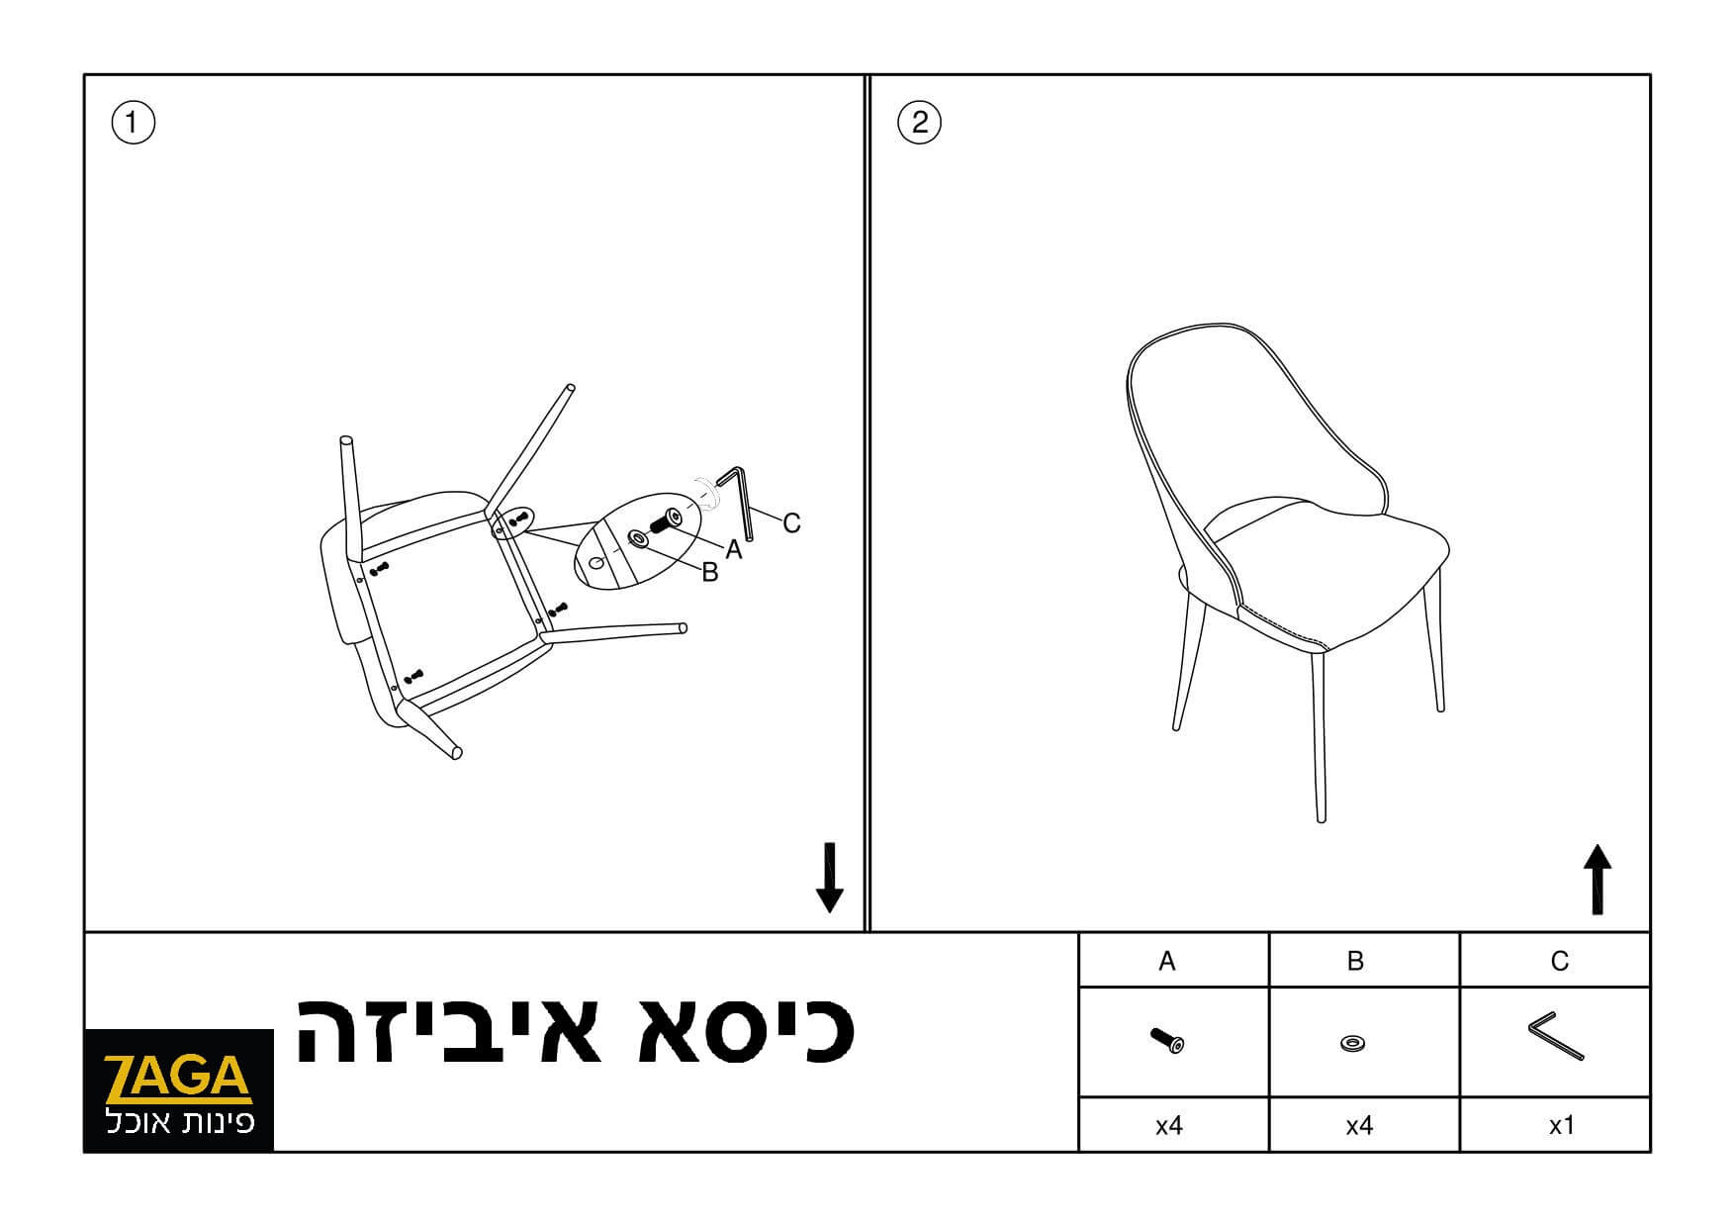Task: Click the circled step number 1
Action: pos(134,124)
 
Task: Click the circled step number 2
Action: pos(919,123)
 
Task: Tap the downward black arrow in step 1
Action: pos(830,878)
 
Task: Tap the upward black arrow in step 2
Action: pos(1598,879)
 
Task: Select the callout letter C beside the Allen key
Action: pos(791,522)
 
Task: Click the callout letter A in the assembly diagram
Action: pos(733,549)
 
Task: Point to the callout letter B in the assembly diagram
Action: pos(709,572)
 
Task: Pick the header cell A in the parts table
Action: pos(1167,961)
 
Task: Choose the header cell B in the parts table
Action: pos(1356,961)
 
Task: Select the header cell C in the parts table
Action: pos(1560,961)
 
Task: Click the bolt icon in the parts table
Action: pos(1167,1041)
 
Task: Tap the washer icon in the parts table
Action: pos(1351,1044)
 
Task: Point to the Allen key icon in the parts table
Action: pos(1556,1035)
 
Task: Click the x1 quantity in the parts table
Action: pos(1561,1126)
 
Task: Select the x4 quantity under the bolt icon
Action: pos(1169,1126)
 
